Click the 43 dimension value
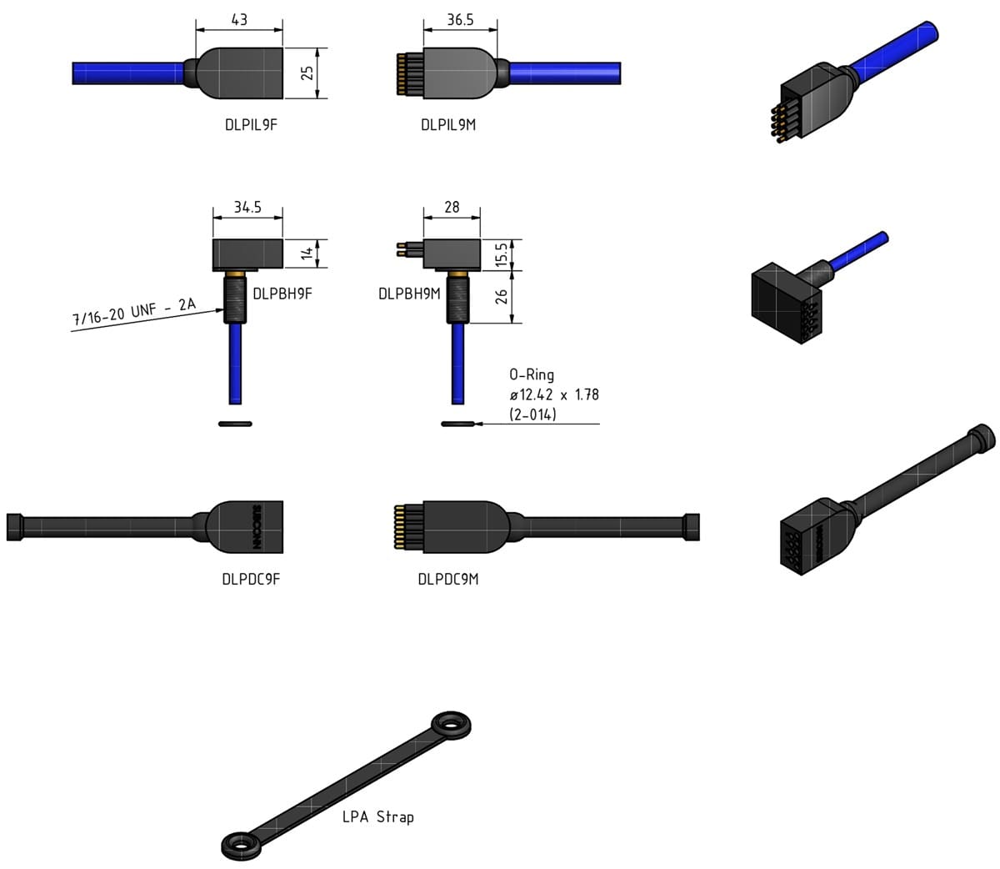tap(239, 18)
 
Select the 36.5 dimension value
tap(460, 18)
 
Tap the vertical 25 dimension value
tap(307, 73)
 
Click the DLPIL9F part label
tap(250, 125)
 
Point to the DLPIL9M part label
tap(448, 125)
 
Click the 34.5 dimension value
tap(247, 207)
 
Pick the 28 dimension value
tap(452, 207)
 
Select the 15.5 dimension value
tap(501, 254)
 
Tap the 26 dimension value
tap(501, 296)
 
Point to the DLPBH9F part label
tap(282, 293)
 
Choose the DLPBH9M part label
tap(408, 293)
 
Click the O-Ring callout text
tap(553, 394)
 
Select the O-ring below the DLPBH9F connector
tap(235, 424)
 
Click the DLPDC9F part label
tap(250, 579)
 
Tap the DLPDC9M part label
tap(448, 579)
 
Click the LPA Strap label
tap(377, 816)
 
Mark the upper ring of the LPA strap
tap(452, 724)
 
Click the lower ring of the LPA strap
tap(243, 845)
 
